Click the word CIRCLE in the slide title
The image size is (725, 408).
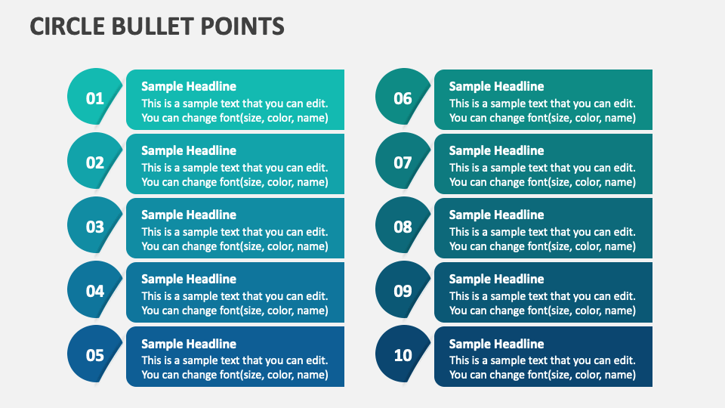63,26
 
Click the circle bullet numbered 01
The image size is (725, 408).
94,97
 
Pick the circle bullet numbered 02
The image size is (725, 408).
94,162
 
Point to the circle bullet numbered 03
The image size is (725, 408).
94,226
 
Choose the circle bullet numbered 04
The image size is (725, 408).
94,290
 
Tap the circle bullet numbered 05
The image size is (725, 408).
94,354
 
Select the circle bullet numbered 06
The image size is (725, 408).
403,97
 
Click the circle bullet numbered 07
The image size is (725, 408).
403,162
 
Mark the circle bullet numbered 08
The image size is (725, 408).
403,226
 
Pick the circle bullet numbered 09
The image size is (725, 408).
403,290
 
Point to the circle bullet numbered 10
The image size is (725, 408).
403,354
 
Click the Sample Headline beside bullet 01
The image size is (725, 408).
189,86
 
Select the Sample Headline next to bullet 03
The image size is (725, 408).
189,215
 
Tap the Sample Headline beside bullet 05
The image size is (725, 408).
189,344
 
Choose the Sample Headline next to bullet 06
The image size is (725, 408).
496,86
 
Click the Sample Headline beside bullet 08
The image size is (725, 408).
496,215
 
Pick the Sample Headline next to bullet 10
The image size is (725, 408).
496,344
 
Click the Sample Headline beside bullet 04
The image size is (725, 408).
189,279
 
